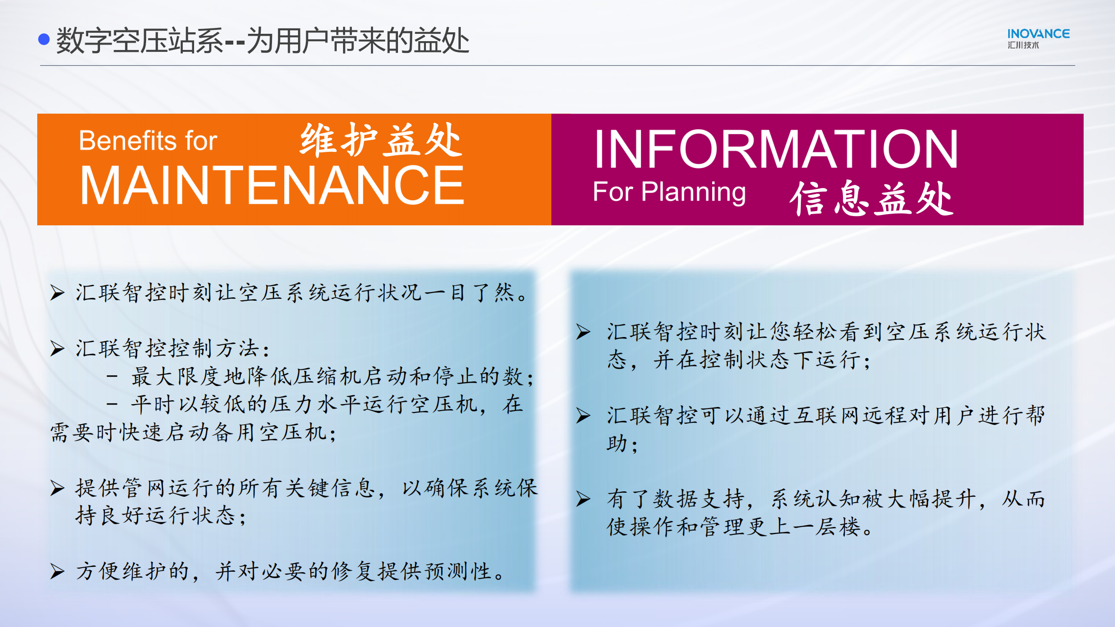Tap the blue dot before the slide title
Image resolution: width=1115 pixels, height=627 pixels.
tap(44, 39)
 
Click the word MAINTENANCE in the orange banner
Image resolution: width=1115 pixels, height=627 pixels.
tap(272, 185)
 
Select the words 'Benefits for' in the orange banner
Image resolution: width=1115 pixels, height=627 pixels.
tap(148, 141)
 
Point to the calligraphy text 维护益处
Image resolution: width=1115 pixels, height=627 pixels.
tap(381, 140)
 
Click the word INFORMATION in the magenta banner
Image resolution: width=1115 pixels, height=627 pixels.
tap(776, 149)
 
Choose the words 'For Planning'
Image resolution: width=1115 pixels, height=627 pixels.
tap(669, 192)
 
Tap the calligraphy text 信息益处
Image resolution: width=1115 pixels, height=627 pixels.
tap(871, 198)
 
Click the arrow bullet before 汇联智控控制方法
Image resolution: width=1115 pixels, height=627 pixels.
tap(57, 348)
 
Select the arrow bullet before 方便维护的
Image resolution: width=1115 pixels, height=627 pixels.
tap(57, 571)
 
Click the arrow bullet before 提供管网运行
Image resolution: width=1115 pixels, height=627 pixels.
tap(57, 488)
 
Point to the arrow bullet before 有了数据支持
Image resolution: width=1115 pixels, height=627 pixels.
tap(583, 499)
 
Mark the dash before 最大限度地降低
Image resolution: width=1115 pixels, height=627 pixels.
tap(112, 377)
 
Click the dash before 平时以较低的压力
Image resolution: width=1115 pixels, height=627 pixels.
tap(112, 405)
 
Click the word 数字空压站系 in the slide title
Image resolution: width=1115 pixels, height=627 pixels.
tap(140, 40)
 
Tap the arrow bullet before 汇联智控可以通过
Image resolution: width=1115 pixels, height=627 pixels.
tap(583, 416)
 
